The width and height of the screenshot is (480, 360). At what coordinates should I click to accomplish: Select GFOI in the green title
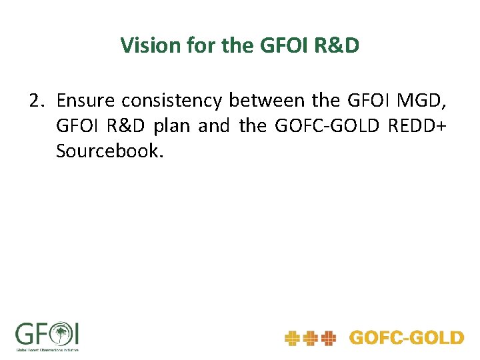point(275,45)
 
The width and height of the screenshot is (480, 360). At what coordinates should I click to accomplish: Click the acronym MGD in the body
point(425,101)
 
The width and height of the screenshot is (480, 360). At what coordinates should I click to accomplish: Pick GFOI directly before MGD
point(371,101)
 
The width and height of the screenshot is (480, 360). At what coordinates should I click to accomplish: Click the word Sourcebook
point(109,151)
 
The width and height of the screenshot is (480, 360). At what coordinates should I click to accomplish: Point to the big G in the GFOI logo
point(25,333)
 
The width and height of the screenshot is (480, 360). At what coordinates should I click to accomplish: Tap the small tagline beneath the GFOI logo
point(47,349)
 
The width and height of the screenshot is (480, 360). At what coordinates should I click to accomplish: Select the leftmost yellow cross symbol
point(291,339)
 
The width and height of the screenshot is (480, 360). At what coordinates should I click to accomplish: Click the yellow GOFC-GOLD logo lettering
point(406,338)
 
